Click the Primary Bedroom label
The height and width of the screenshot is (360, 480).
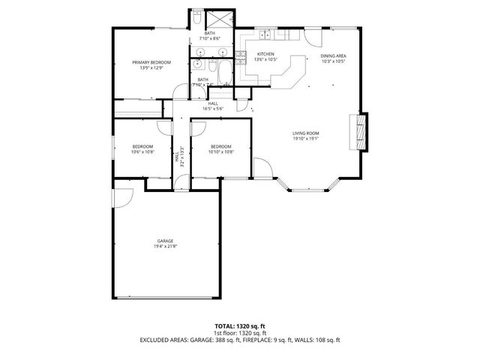click(x=151, y=62)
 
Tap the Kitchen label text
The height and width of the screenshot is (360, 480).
click(x=265, y=54)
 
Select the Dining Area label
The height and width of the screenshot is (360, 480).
click(x=333, y=55)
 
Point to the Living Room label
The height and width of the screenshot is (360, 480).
click(x=306, y=133)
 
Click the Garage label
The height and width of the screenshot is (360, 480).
click(x=165, y=241)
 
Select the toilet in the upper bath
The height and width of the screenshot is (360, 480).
click(x=196, y=16)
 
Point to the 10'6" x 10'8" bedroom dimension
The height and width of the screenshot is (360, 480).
click(x=142, y=152)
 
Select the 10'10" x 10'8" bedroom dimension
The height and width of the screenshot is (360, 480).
click(x=220, y=152)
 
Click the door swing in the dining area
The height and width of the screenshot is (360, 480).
click(x=316, y=39)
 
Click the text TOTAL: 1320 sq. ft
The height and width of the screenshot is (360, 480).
click(x=240, y=326)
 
